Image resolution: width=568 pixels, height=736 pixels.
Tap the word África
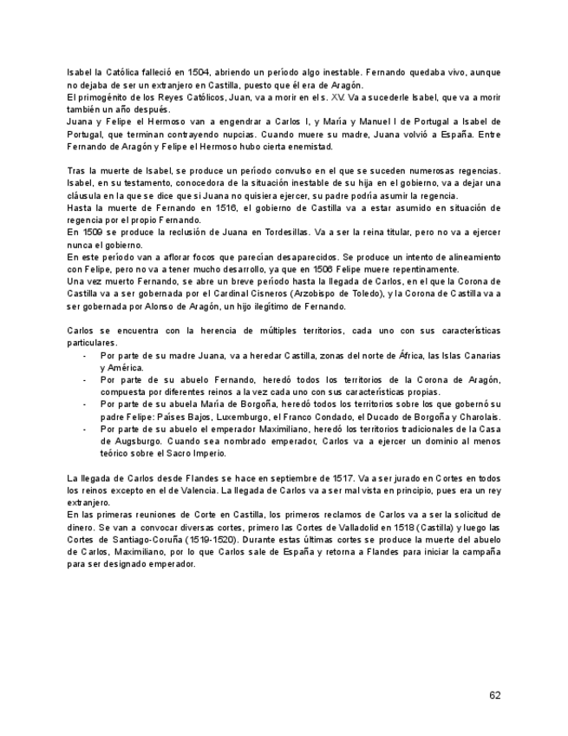[x=398, y=356]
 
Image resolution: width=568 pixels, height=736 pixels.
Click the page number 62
[x=494, y=694]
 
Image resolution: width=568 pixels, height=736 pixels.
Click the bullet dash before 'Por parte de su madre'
[x=84, y=356]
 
